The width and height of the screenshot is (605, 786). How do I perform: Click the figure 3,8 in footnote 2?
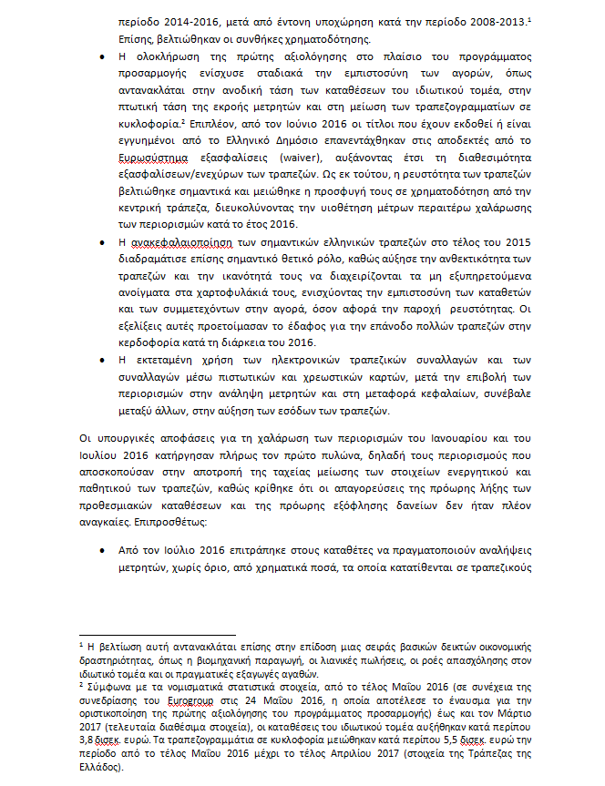[91, 741]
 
